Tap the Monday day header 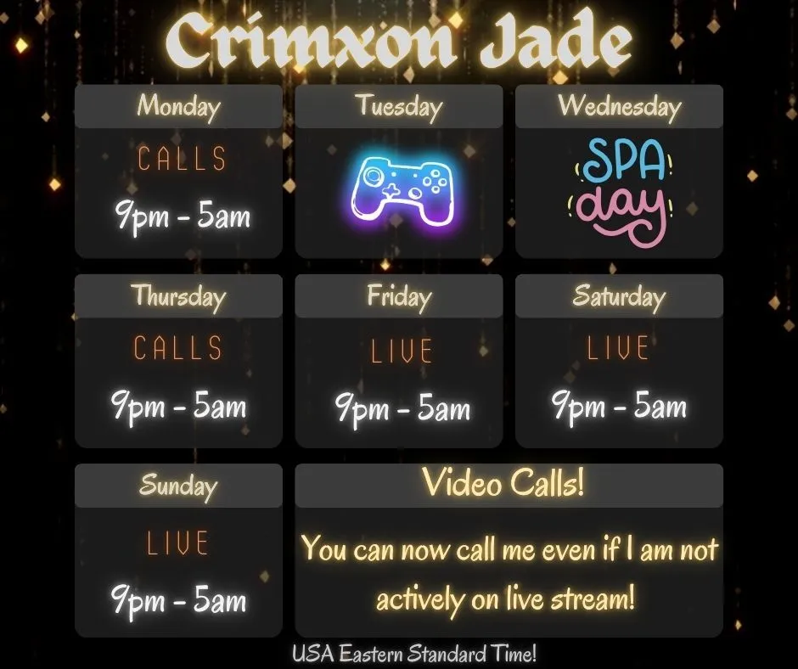click(x=178, y=107)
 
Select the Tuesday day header click(x=399, y=107)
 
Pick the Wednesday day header click(x=619, y=107)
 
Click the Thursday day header click(x=178, y=296)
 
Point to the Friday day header click(x=399, y=296)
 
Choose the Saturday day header click(x=619, y=296)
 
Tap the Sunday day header click(x=178, y=486)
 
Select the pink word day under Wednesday click(x=617, y=208)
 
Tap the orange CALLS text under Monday click(x=182, y=159)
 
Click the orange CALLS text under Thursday click(x=177, y=348)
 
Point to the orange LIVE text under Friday click(x=402, y=351)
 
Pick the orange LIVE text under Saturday click(x=618, y=348)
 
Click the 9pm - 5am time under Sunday click(x=179, y=600)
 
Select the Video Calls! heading click(x=503, y=484)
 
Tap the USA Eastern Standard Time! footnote click(x=414, y=655)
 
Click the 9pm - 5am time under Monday click(x=183, y=217)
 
